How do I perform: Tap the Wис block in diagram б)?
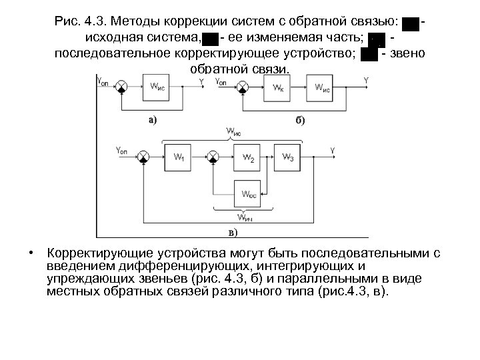pos(323,87)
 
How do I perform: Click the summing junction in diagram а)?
pos(123,86)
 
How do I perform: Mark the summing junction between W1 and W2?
pos(213,155)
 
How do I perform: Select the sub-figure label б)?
pos(300,120)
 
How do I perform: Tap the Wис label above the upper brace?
pos(235,132)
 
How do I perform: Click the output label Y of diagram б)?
pos(366,80)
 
